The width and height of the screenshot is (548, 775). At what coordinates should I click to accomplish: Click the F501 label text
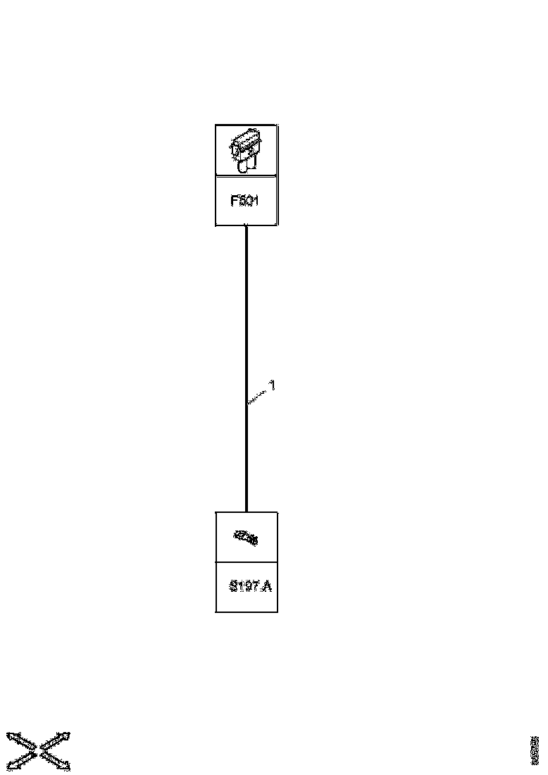pyautogui.click(x=245, y=201)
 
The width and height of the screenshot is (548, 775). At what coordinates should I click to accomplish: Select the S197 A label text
pyautogui.click(x=250, y=586)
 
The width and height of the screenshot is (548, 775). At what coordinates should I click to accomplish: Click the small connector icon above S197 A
pyautogui.click(x=246, y=538)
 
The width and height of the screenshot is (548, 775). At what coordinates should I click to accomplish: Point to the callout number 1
pyautogui.click(x=273, y=385)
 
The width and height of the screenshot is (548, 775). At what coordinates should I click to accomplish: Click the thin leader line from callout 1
pyautogui.click(x=258, y=395)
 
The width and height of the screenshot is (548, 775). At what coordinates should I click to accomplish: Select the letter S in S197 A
pyautogui.click(x=234, y=586)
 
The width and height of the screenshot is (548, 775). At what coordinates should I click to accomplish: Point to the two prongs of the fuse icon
pyautogui.click(x=246, y=166)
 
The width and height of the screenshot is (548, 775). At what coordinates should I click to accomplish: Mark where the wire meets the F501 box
pyautogui.click(x=246, y=226)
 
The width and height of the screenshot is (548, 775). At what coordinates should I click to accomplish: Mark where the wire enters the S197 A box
pyautogui.click(x=246, y=512)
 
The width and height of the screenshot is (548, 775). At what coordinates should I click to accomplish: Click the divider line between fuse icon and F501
pyautogui.click(x=246, y=176)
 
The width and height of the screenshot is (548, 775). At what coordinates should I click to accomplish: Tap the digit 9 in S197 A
pyautogui.click(x=247, y=586)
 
